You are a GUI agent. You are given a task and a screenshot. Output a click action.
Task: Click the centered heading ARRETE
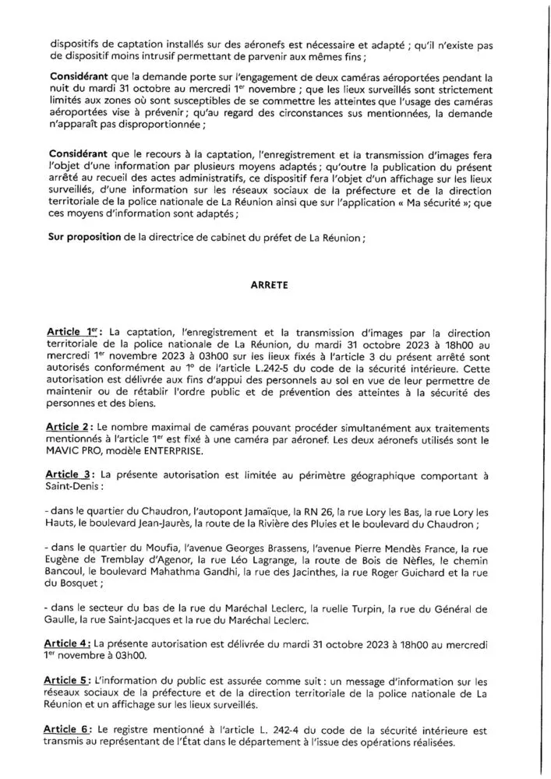coord(275,285)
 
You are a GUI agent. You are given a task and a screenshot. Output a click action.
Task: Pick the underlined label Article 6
coord(69,731)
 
